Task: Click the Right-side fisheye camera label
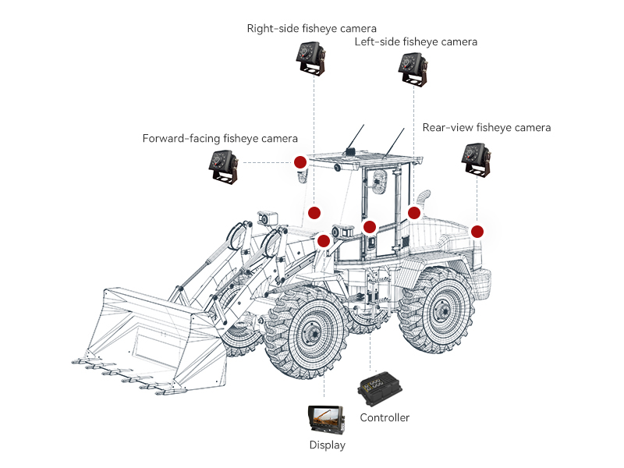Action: (x=311, y=29)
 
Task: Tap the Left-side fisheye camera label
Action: (x=416, y=41)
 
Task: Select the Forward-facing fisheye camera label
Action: (x=220, y=139)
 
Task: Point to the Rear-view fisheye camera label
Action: (x=486, y=127)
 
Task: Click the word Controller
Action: (x=385, y=417)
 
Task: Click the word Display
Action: (x=327, y=445)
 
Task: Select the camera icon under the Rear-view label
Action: (x=477, y=159)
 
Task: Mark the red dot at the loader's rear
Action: (x=477, y=232)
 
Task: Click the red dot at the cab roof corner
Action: (x=300, y=162)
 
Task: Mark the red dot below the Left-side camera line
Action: (x=414, y=212)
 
